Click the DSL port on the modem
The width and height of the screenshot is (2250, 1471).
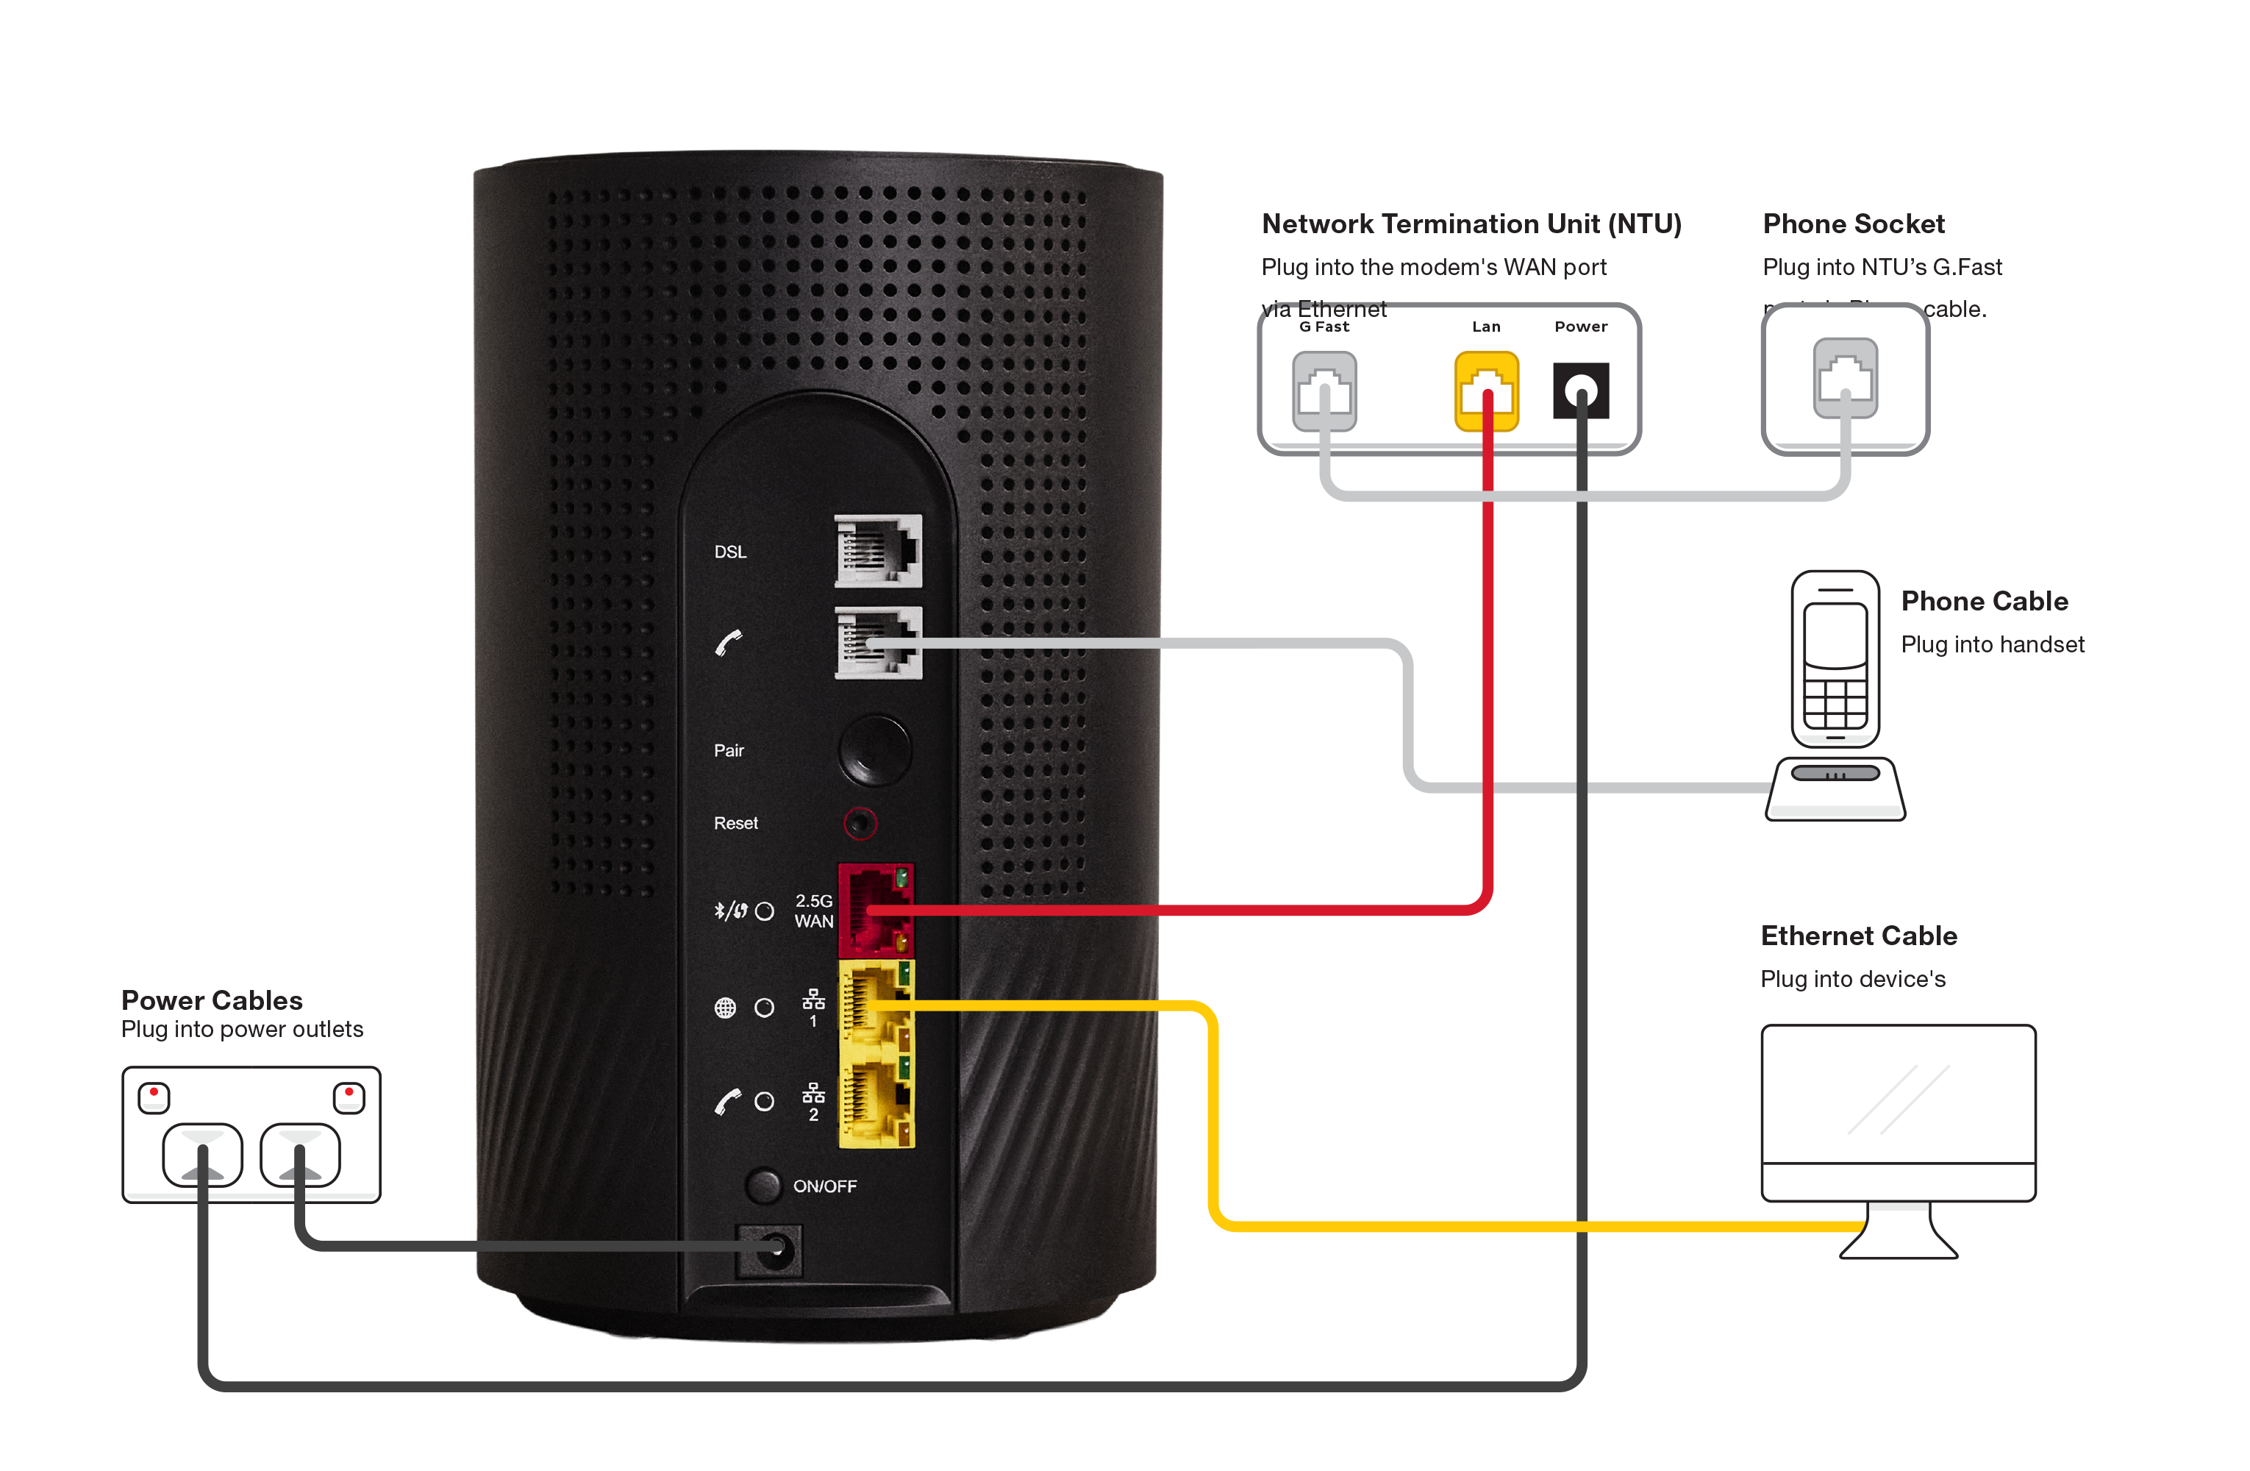click(x=876, y=550)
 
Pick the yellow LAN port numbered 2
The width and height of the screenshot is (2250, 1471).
click(x=876, y=1101)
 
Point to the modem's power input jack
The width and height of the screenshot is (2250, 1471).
click(x=771, y=1250)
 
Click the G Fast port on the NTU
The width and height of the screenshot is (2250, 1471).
click(x=1324, y=391)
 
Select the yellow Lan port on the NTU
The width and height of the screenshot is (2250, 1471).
click(x=1485, y=391)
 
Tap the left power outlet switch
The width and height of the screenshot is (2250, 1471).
click(x=154, y=1097)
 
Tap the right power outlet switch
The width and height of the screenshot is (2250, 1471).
click(x=349, y=1097)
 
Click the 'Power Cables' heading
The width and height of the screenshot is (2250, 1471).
click(x=213, y=1000)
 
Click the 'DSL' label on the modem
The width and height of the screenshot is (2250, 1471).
click(x=730, y=551)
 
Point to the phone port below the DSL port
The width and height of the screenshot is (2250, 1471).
click(x=876, y=643)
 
